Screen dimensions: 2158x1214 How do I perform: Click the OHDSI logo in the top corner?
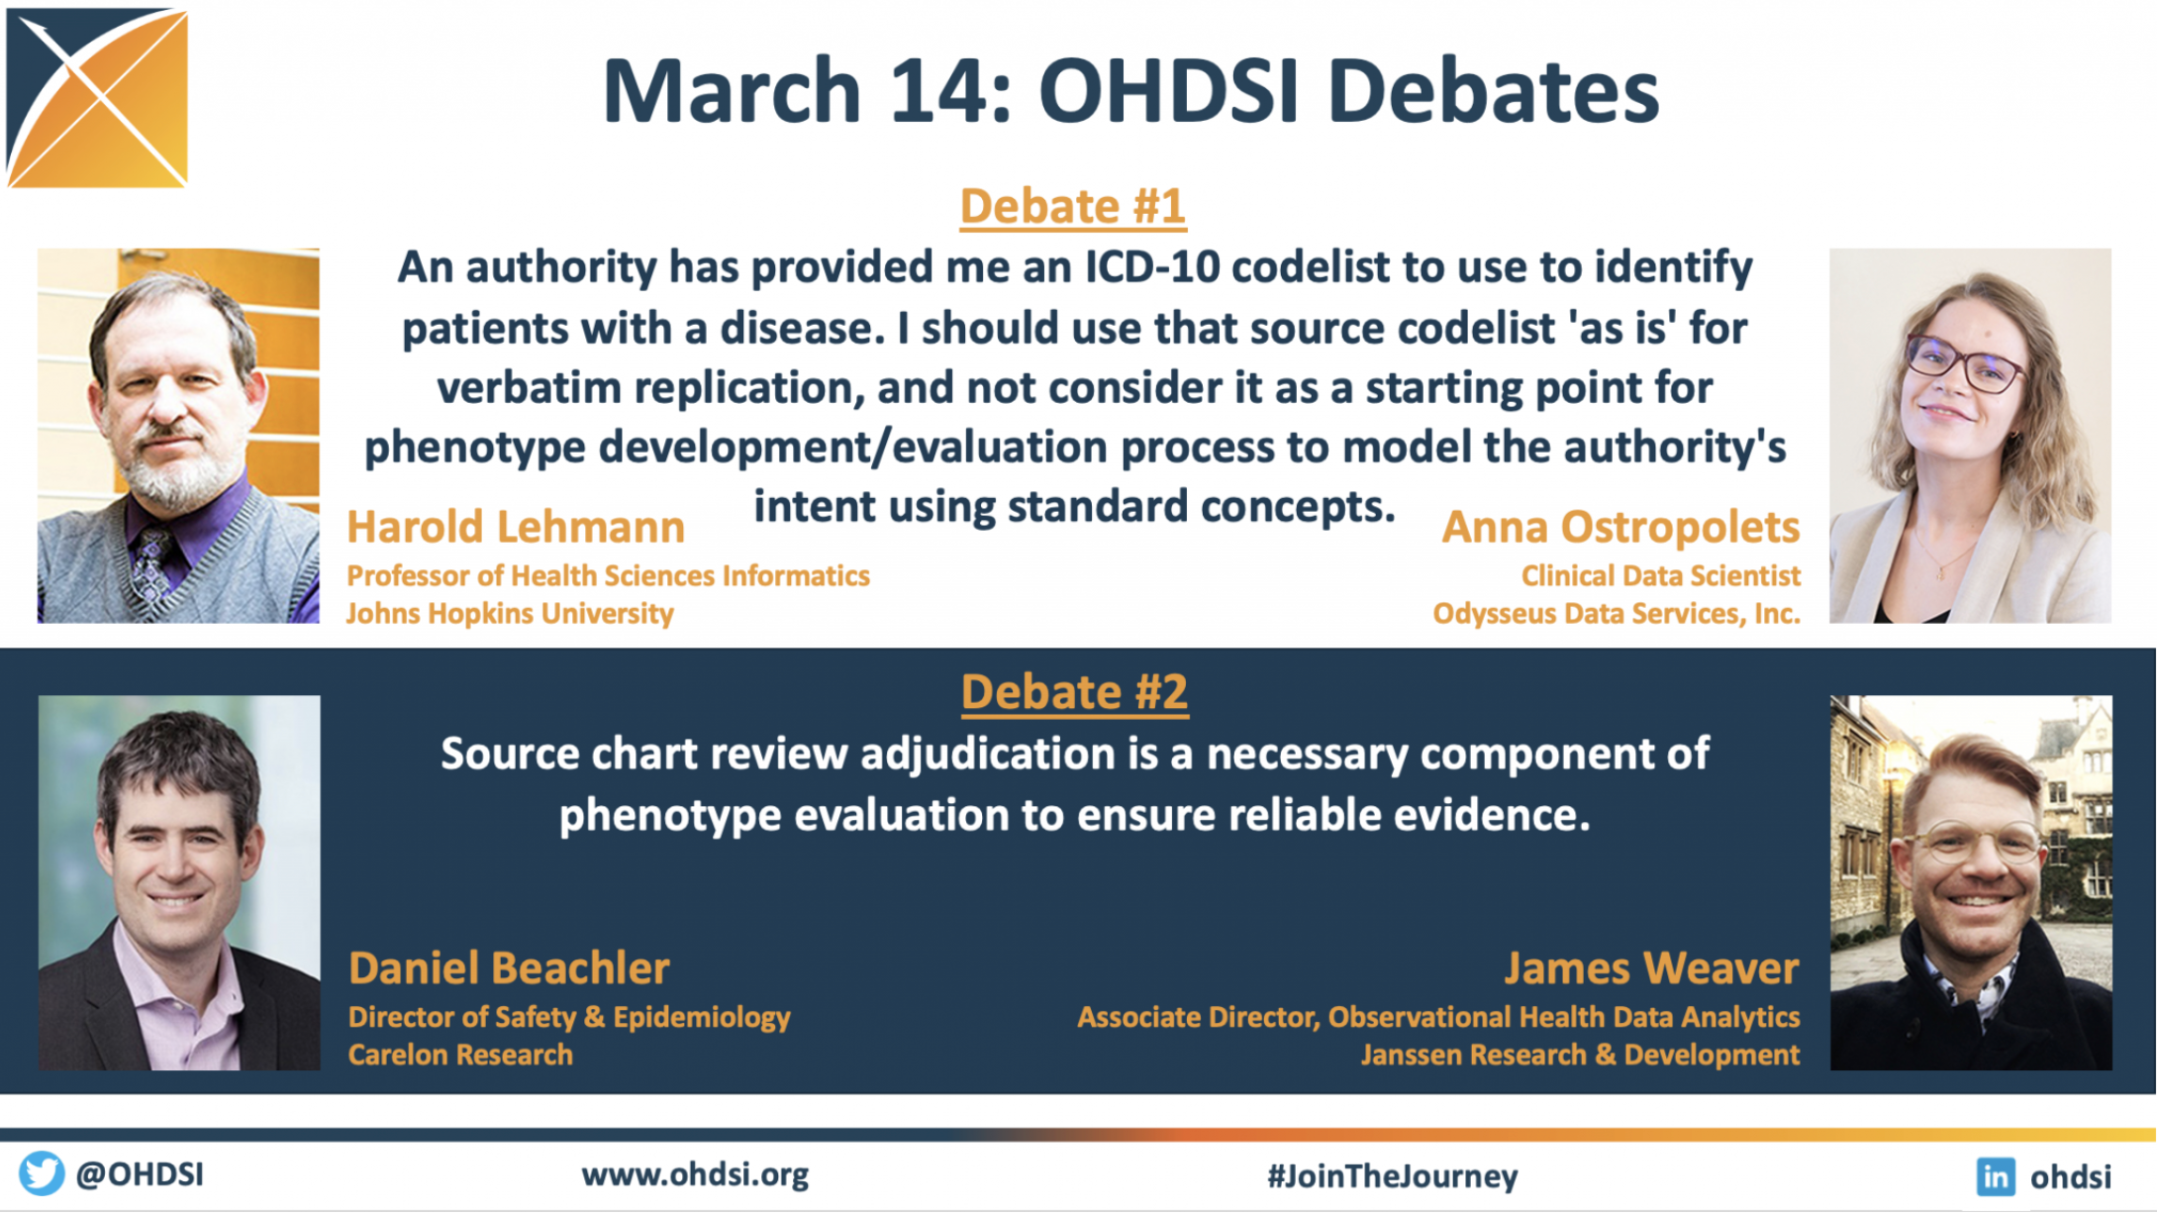pos(97,97)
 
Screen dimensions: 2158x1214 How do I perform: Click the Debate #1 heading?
pos(1072,207)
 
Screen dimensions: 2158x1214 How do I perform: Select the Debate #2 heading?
pos(1074,692)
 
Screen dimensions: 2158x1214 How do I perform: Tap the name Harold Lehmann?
pos(515,527)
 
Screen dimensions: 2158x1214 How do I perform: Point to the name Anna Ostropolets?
pos(1620,528)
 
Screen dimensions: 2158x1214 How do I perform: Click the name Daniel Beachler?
pos(509,968)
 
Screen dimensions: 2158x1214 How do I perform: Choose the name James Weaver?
pos(1651,968)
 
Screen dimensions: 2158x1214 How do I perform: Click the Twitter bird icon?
pos(42,1174)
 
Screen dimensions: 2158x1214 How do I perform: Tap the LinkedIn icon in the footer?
pos(1996,1176)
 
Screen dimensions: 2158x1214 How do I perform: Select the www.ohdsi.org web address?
pos(695,1175)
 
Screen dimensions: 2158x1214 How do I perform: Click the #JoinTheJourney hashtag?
pos(1392,1176)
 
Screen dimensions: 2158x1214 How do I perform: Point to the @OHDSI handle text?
pos(140,1174)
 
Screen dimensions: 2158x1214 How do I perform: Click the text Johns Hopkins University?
pos(510,614)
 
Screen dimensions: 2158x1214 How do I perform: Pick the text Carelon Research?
pos(460,1055)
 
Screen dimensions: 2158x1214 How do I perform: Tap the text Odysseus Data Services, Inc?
pos(1617,614)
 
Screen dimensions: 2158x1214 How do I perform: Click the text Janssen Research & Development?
pos(1580,1055)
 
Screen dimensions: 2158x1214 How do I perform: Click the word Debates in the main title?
pos(1495,91)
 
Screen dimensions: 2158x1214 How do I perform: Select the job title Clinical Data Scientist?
pos(1660,576)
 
